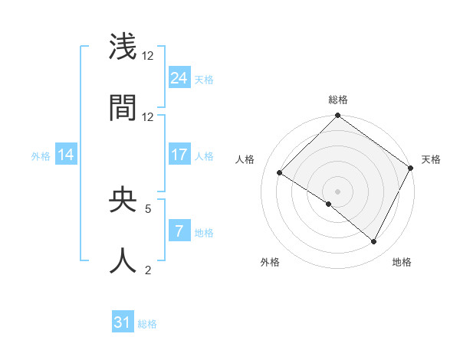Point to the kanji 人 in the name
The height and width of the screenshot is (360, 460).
coord(123,260)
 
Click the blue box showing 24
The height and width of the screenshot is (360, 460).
coord(179,78)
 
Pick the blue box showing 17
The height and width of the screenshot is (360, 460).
coord(179,155)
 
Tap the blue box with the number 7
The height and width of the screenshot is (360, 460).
coord(179,231)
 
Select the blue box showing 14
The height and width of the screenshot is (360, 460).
coord(65,155)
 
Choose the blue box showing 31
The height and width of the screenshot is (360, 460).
coord(122,323)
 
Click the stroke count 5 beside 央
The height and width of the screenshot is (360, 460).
coord(148,208)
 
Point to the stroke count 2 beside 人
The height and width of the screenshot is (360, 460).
coord(148,270)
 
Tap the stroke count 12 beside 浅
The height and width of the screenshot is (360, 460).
coord(148,55)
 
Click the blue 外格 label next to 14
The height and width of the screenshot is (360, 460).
coord(41,156)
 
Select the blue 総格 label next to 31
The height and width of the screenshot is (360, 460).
coord(147,325)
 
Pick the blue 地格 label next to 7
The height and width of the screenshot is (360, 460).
coord(204,233)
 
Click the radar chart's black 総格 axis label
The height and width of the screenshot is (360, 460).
coord(337,100)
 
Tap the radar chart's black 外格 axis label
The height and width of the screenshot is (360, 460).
coord(270,262)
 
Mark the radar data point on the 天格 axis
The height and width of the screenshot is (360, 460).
coord(411,169)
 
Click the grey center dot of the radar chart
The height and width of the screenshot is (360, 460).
coord(337,191)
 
